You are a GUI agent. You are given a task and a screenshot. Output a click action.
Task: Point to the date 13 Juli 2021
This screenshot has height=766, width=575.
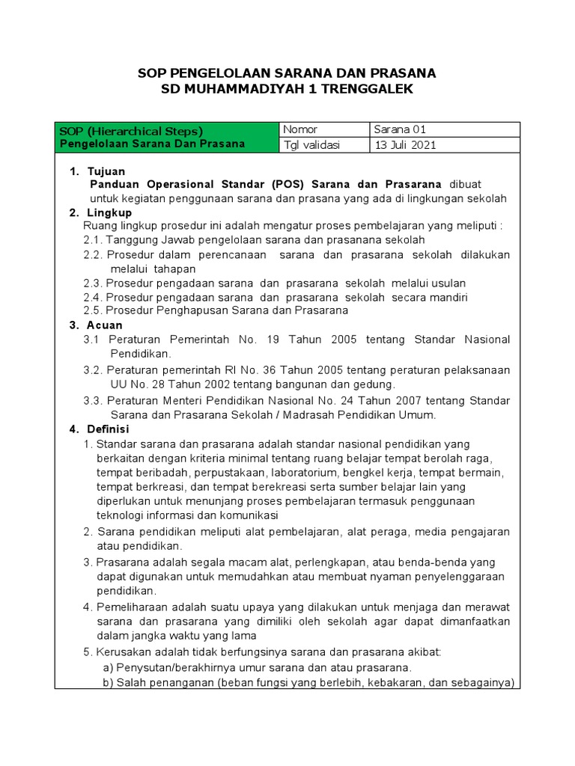point(406,145)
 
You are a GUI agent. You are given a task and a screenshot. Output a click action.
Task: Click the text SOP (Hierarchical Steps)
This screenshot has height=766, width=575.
point(131,131)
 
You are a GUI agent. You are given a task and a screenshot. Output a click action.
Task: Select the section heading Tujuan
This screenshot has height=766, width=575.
point(106,171)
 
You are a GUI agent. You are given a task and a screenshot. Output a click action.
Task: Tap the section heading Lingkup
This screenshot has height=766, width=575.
point(109,212)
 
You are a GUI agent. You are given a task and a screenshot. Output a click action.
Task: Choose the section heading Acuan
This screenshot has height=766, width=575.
point(105,325)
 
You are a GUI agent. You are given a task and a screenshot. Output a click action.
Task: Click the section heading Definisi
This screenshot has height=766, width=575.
point(109,429)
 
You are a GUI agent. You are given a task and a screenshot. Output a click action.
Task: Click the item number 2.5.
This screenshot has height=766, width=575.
point(92,310)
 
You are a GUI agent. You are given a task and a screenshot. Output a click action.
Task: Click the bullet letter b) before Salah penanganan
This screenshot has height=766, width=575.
point(108,682)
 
